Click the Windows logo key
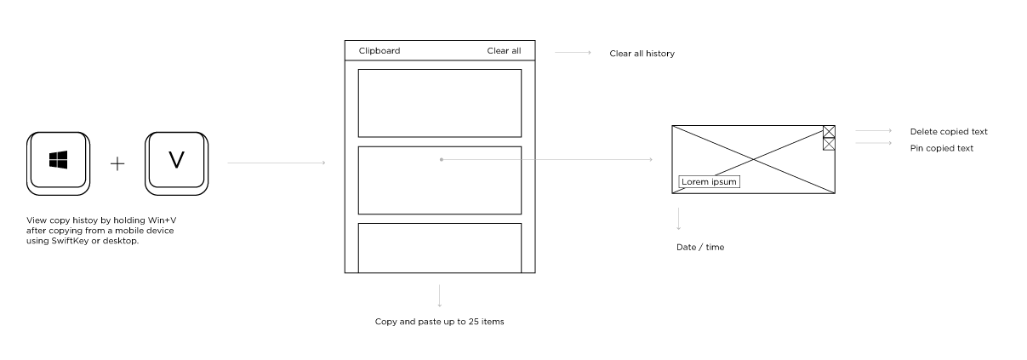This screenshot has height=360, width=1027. [x=58, y=160]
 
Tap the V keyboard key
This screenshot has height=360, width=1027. [x=176, y=160]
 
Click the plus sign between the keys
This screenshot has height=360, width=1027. [x=117, y=163]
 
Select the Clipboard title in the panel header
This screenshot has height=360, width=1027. [x=379, y=51]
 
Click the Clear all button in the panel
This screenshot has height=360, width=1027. [x=504, y=51]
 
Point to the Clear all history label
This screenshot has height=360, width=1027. [x=642, y=54]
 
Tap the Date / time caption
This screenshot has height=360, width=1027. [x=700, y=248]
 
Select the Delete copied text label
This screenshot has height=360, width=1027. [x=949, y=132]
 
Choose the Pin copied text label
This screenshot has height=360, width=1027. [x=942, y=148]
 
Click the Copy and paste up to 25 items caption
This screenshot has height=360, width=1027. [x=440, y=322]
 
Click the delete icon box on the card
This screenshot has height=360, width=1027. [x=829, y=131]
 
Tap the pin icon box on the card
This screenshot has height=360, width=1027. [x=829, y=144]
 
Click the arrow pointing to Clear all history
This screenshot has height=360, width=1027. [x=573, y=53]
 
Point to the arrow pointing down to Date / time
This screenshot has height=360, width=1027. [x=678, y=219]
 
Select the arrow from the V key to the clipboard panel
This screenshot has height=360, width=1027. [x=277, y=162]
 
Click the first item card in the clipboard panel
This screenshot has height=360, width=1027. [x=439, y=103]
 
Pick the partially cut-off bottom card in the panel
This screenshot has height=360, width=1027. [x=439, y=248]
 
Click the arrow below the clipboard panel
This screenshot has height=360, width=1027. [x=440, y=294]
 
